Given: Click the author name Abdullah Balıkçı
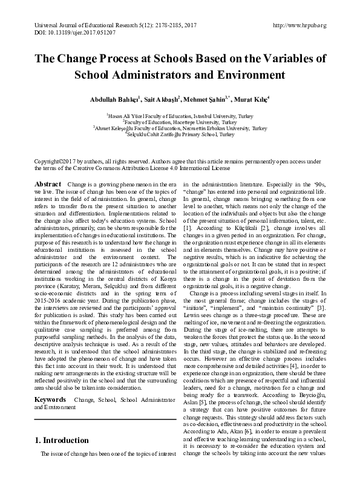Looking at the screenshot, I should click(x=114, y=99).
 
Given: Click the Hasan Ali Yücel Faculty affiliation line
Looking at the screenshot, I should click(x=180, y=114).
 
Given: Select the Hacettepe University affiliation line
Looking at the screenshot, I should click(x=180, y=122).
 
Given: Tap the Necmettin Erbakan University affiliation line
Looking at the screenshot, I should click(x=180, y=128).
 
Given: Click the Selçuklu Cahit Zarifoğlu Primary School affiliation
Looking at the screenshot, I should click(x=180, y=135).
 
